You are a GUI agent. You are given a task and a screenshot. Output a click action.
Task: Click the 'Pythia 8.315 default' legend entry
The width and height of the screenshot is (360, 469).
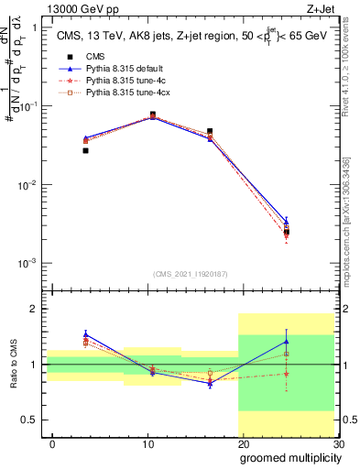click(x=124, y=68)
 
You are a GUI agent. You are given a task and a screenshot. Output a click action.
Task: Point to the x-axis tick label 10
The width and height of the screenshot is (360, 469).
click(x=147, y=444)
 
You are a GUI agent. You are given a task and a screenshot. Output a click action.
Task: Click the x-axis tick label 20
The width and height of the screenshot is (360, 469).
click(x=243, y=444)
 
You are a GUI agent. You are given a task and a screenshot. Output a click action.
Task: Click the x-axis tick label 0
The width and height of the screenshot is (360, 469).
click(x=52, y=444)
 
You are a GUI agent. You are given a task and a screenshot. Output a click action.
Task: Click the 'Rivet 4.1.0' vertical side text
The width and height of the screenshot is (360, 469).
click(x=349, y=73)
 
